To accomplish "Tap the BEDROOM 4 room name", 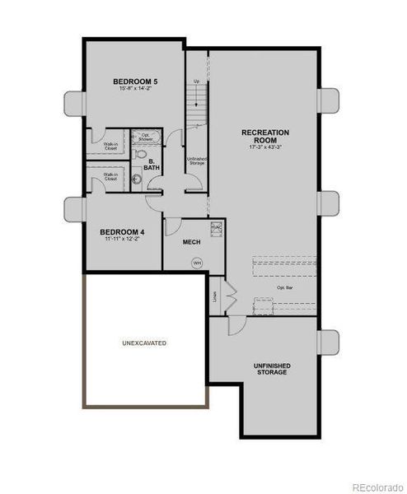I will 123,233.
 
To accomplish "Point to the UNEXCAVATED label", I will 144,342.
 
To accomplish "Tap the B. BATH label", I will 152,165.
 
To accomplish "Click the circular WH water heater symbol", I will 197,263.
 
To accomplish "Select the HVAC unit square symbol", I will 216,228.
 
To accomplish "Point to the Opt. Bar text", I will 285,287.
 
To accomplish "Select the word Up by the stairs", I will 196,82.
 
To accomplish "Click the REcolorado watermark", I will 376,487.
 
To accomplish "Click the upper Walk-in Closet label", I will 110,146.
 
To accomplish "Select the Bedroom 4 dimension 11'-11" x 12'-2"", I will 123,241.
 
